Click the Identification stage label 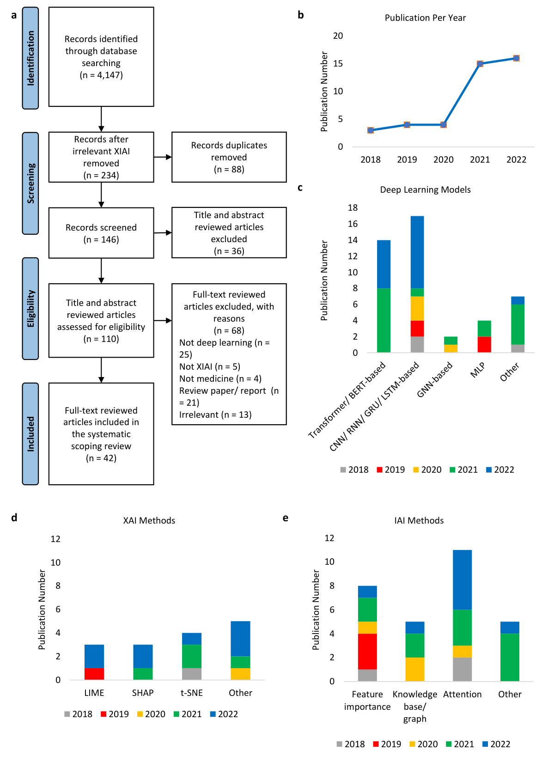pos(30,58)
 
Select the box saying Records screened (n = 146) pos(101,233)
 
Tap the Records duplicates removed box pos(229,157)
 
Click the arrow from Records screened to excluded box pos(163,233)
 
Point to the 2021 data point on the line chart pos(480,64)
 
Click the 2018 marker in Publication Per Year pos(371,130)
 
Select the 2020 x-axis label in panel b pos(443,159)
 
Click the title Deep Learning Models pos(425,189)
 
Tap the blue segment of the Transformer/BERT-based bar pos(384,264)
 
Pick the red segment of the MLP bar pos(484,344)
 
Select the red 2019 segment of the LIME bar pos(94,674)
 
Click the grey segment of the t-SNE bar pos(192,674)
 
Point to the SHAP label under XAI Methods pos(143,693)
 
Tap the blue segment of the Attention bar pos(462,579)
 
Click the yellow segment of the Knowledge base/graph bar pos(415,669)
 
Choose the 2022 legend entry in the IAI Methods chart pos(497,744)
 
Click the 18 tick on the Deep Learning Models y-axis pos(353,207)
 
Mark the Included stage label pos(30,433)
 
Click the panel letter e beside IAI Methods pos(286,518)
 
